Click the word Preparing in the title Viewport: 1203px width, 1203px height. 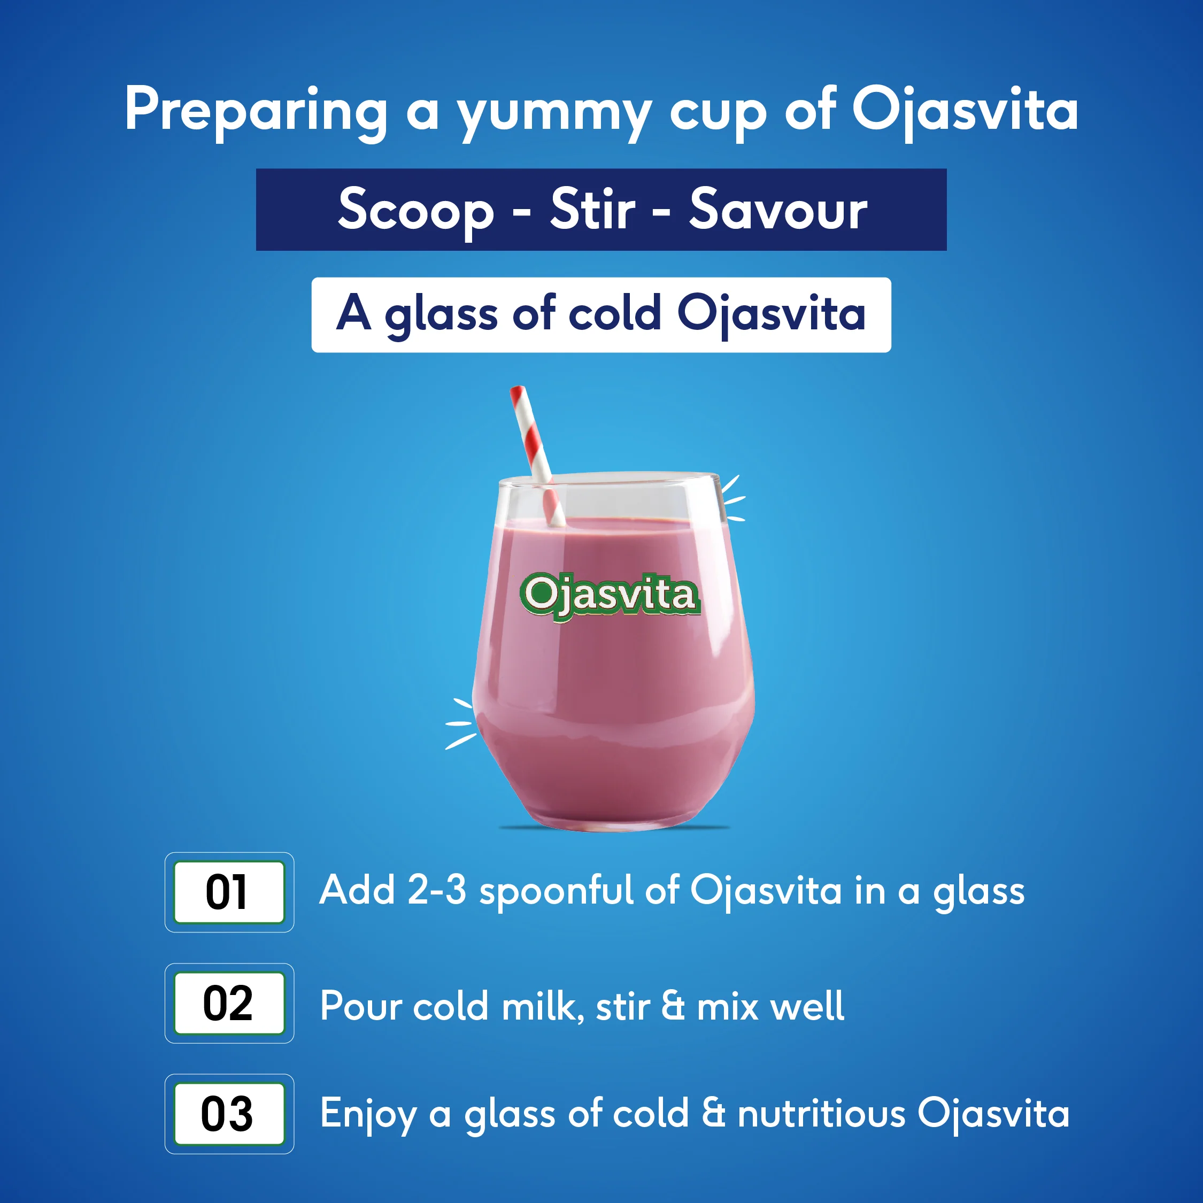coord(256,111)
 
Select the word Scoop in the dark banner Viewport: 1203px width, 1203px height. coord(416,211)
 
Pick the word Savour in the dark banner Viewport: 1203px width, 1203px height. coord(778,211)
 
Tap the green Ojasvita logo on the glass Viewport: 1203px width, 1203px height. coord(610,596)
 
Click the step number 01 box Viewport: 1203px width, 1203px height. coord(228,892)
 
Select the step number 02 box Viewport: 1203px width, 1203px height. coord(228,1003)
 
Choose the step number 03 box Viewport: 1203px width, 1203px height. coord(228,1114)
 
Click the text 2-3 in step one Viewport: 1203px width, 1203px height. coord(436,890)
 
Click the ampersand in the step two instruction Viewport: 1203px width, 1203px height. coord(673,1006)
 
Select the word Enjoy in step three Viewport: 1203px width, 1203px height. coord(368,1115)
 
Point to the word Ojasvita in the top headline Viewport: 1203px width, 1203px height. coord(965,111)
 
